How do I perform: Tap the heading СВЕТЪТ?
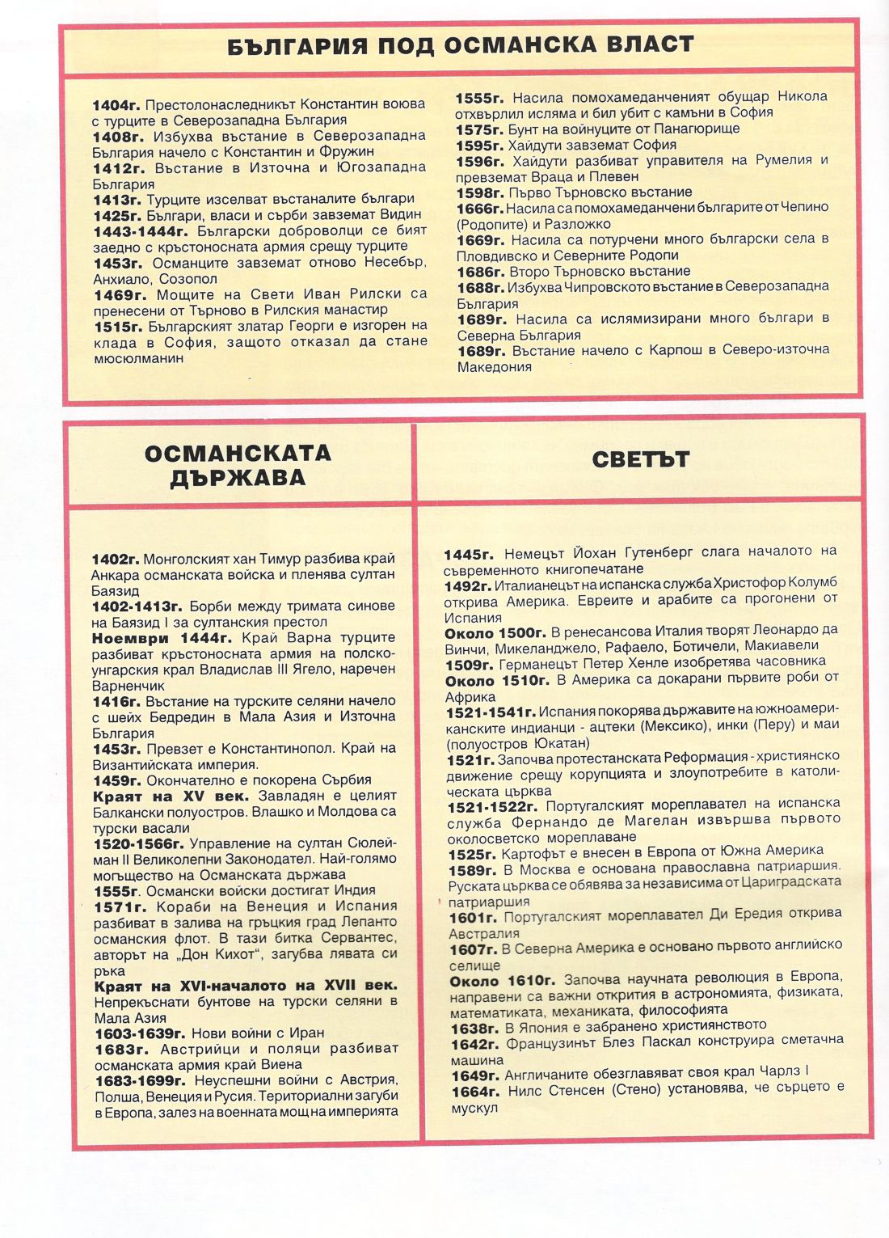tap(640, 460)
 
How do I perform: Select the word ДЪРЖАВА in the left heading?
tap(238, 478)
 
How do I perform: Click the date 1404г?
tap(116, 105)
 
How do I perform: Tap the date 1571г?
tap(121, 906)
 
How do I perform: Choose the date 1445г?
tap(469, 555)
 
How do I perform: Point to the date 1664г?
tap(475, 1092)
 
